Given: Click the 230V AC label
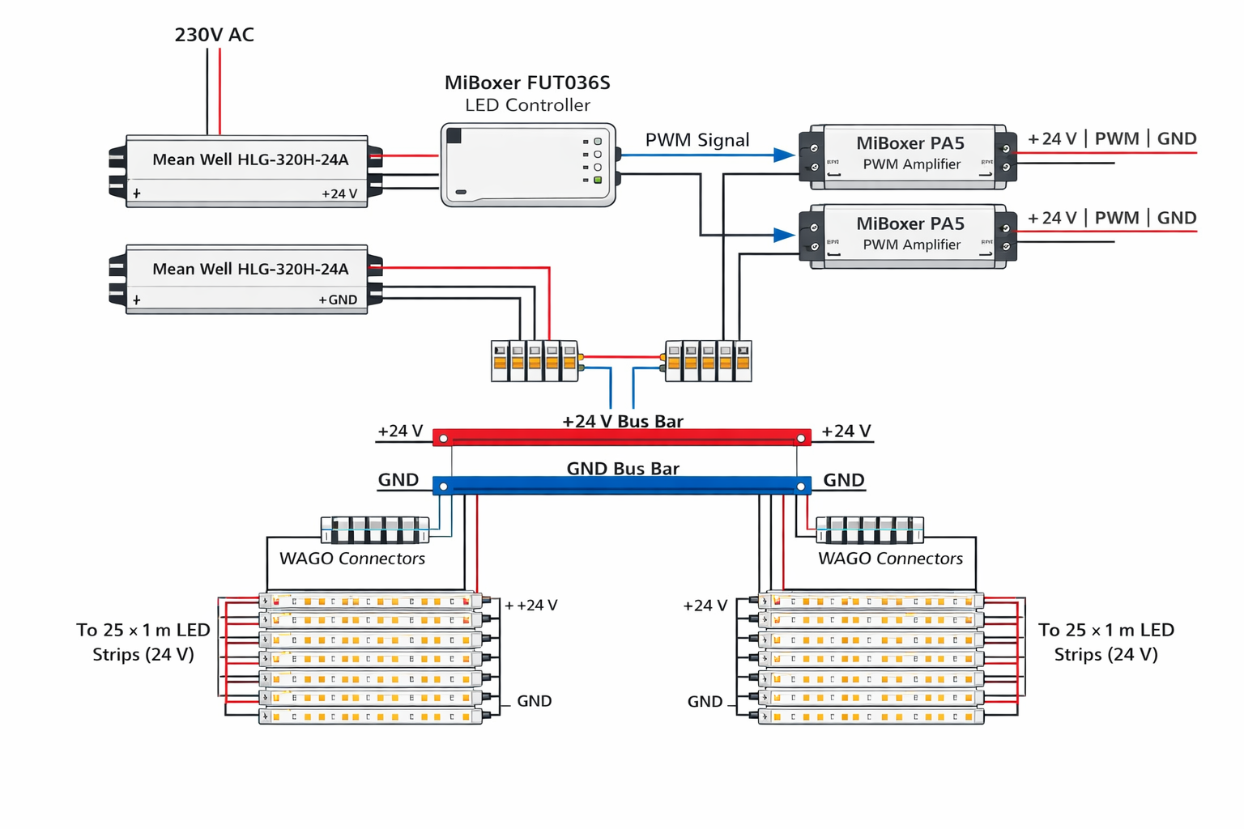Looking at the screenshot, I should pos(214,35).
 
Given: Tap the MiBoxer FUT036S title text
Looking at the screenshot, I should pos(527,83).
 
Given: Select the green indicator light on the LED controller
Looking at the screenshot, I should pos(598,180).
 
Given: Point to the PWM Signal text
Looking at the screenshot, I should pos(697,140).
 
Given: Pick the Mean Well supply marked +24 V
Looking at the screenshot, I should pos(247,172).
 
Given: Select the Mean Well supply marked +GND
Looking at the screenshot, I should pos(247,279).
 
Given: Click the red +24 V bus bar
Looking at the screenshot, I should pos(622,438).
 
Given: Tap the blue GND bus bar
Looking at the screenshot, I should pos(622,486).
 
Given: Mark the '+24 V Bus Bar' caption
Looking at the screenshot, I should pos(623,421).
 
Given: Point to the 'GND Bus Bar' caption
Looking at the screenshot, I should pos(623,468).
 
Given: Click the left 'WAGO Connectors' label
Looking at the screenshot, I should pos(352,559).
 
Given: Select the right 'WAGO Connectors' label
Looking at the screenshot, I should pos(890,559).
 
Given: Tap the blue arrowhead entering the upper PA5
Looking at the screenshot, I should pos(784,155).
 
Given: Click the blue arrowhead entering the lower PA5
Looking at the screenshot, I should pos(784,235).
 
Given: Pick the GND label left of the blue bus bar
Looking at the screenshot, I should pos(398,480).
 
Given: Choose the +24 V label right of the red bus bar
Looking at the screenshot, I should pos(846,432).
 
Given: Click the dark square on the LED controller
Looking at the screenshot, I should pos(454,136).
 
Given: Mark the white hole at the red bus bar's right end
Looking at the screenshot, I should pos(801,439).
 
